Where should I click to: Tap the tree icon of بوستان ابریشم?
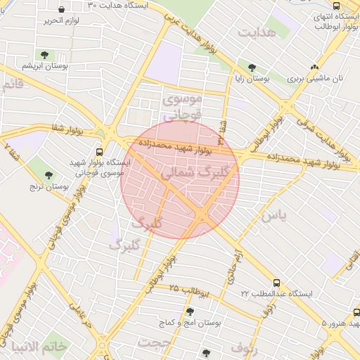click(x=45, y=54)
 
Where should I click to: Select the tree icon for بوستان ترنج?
click(x=49, y=175)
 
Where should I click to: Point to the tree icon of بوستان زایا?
click(x=252, y=67)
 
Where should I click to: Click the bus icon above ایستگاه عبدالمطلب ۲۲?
click(x=276, y=283)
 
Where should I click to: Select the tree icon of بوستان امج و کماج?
click(x=189, y=311)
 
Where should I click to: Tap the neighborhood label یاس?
click(x=274, y=216)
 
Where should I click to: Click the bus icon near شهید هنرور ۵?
click(x=356, y=312)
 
